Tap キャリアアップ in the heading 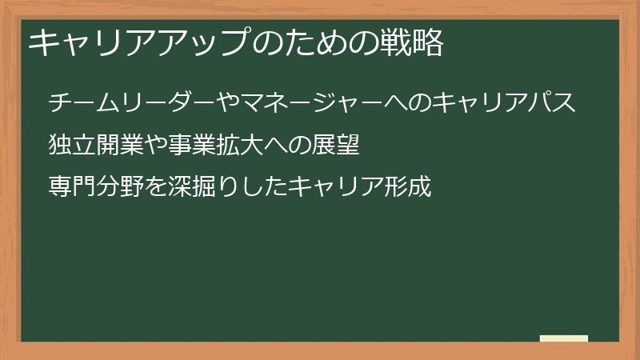coord(136,44)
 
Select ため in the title coord(313,44)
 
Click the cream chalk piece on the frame coord(564,338)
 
